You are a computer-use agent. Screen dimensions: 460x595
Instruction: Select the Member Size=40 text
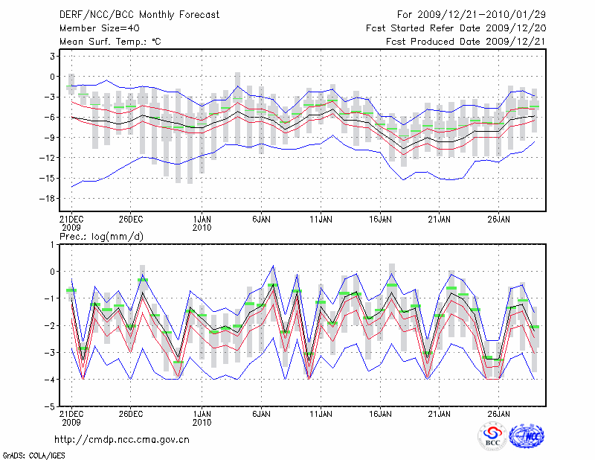pyautogui.click(x=93, y=28)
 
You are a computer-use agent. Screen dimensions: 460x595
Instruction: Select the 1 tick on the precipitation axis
pyautogui.click(x=53, y=244)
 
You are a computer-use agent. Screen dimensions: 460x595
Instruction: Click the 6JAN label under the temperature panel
pyautogui.click(x=261, y=220)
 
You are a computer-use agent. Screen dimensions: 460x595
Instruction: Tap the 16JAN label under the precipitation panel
pyautogui.click(x=380, y=413)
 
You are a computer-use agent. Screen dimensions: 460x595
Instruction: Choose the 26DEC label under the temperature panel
pyautogui.click(x=130, y=220)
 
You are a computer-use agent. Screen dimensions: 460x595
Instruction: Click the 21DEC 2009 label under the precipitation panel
pyautogui.click(x=71, y=418)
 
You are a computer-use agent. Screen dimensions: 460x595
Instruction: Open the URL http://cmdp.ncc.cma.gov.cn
pyautogui.click(x=122, y=439)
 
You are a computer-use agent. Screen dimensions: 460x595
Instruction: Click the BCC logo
pyautogui.click(x=492, y=437)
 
